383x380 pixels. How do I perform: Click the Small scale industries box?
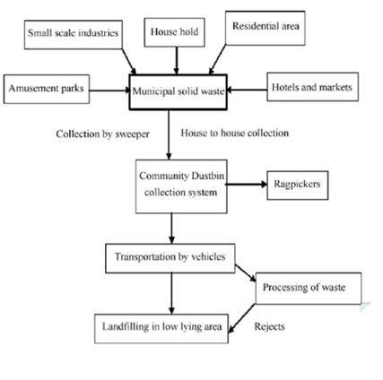click(74, 35)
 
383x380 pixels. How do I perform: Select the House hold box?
click(175, 32)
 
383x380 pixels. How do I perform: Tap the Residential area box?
click(265, 28)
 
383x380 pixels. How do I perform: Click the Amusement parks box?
click(47, 89)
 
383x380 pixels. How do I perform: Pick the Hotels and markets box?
click(313, 87)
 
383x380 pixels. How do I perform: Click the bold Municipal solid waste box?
click(178, 92)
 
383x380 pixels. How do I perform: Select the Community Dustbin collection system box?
click(181, 186)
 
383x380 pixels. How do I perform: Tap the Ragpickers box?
click(298, 186)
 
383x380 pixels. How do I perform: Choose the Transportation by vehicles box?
click(170, 258)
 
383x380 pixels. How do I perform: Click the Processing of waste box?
click(309, 289)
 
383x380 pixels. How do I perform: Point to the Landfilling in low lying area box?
click(161, 329)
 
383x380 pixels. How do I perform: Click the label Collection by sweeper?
click(102, 134)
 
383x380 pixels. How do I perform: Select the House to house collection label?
click(235, 133)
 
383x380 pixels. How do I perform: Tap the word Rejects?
click(269, 326)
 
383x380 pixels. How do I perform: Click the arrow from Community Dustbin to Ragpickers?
click(247, 185)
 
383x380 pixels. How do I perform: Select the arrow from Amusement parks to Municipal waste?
click(109, 91)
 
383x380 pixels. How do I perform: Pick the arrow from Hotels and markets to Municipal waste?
click(247, 90)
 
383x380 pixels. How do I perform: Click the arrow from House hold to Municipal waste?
click(177, 61)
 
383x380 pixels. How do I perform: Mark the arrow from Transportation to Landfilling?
click(171, 294)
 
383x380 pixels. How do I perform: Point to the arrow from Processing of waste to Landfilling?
click(242, 318)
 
